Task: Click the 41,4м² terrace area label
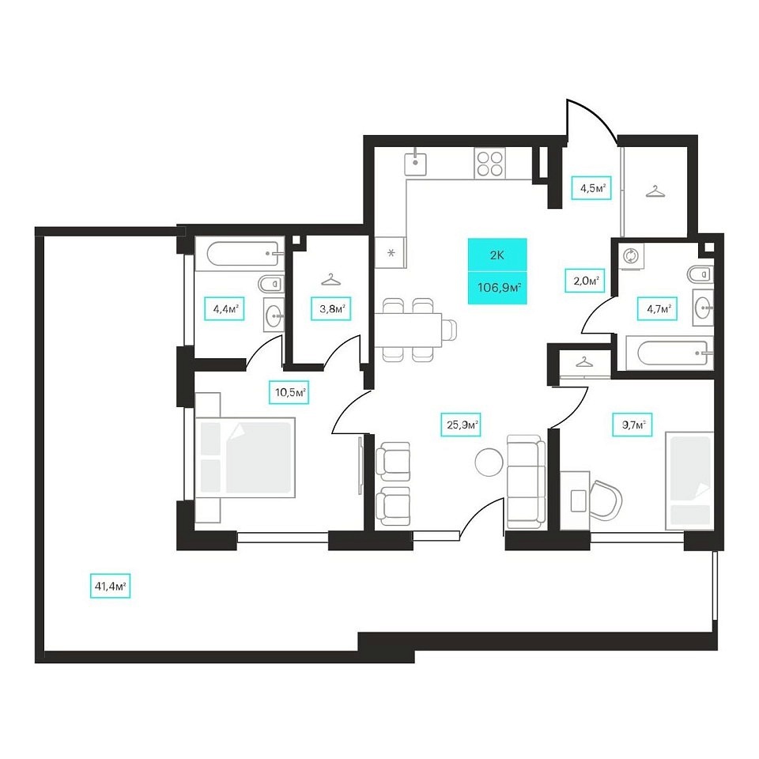pos(111,587)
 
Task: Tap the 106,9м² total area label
pos(498,288)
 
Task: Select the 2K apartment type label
pos(497,255)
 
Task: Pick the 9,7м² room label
pos(632,425)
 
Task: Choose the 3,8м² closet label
pos(331,308)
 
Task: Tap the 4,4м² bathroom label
pos(224,308)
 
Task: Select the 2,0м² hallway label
pos(585,280)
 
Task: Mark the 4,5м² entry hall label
pos(591,188)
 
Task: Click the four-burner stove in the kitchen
pos(490,163)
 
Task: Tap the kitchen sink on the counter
pos(415,163)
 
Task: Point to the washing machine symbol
pos(631,255)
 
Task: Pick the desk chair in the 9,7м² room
pos(606,500)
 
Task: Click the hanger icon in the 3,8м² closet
pos(330,280)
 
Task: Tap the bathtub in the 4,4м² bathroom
pos(243,254)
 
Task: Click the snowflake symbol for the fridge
pos(391,252)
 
